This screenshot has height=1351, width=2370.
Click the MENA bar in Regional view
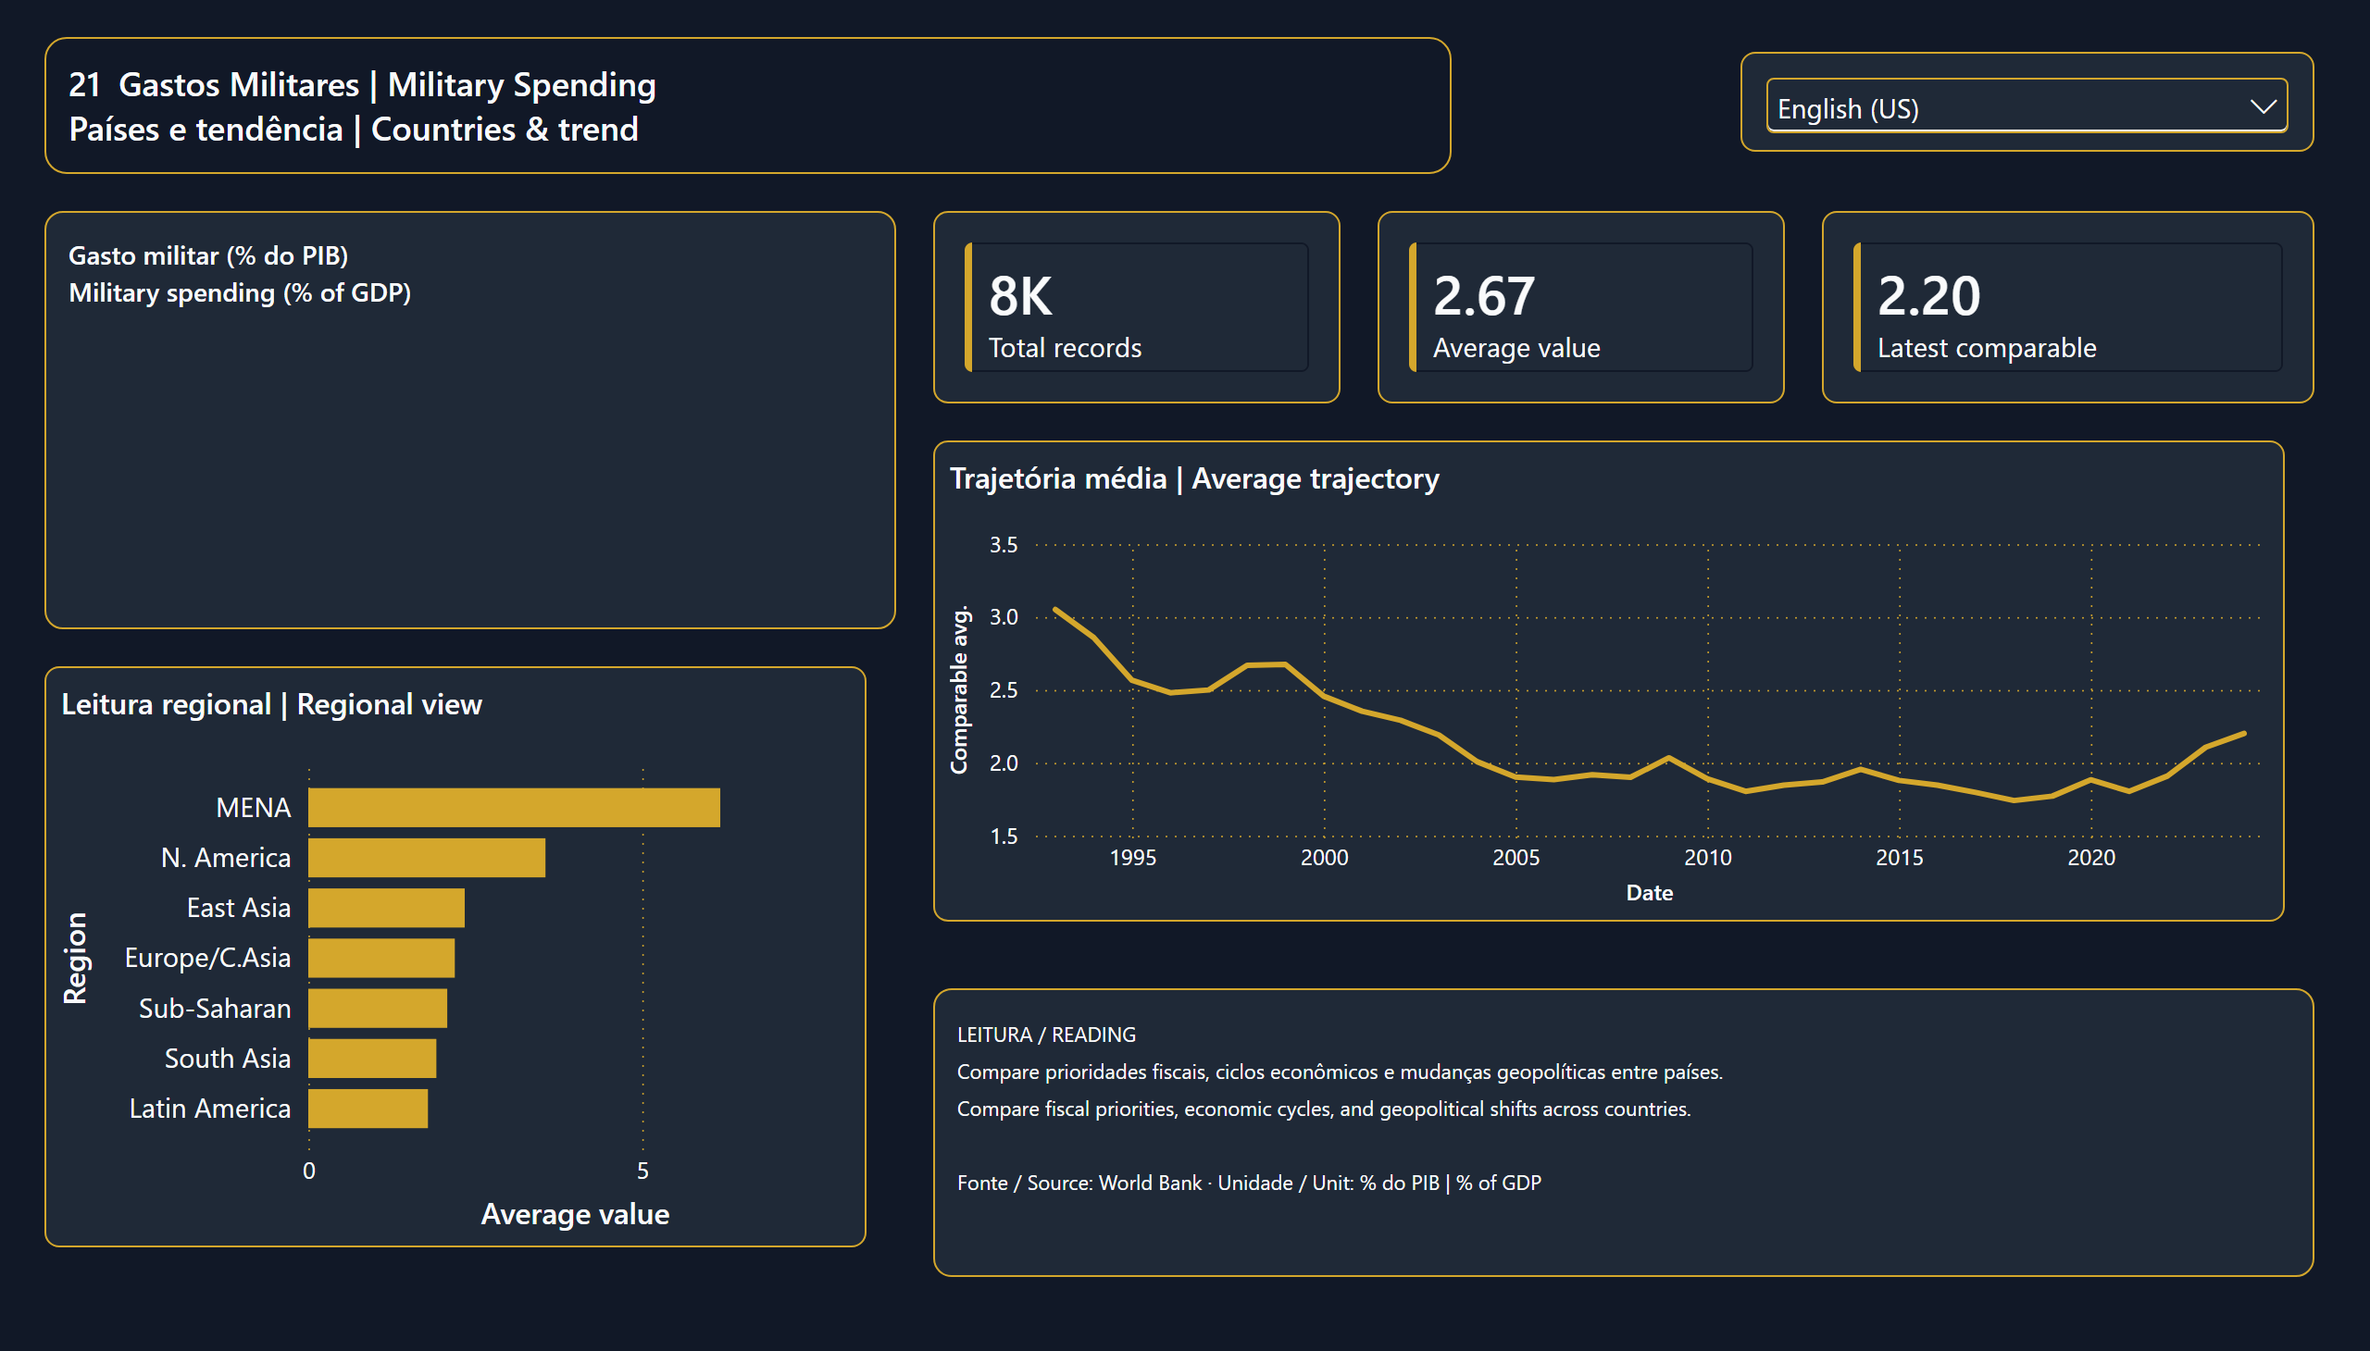(515, 807)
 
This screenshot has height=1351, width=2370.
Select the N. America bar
(427, 858)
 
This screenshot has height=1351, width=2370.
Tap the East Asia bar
(387, 908)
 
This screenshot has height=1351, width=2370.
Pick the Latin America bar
(368, 1108)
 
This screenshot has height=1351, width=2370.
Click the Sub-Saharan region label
(215, 1009)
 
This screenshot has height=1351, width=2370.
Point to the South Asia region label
(228, 1059)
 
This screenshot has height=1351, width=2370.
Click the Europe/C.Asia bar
(381, 958)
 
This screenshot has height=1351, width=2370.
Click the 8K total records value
(1020, 296)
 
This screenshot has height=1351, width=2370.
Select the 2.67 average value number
(1483, 296)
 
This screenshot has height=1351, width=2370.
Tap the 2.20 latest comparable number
(1928, 296)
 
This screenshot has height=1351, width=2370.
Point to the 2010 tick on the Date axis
(1708, 858)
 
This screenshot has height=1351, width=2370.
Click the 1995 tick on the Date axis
(1132, 858)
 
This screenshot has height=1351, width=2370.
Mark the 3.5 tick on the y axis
(1004, 545)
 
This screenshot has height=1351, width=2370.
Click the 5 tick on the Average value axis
(642, 1171)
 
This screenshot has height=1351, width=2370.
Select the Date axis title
(1650, 893)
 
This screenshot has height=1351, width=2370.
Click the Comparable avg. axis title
(959, 689)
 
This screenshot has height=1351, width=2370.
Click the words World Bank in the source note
(1150, 1183)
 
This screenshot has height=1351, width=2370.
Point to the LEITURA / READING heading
(1046, 1035)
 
